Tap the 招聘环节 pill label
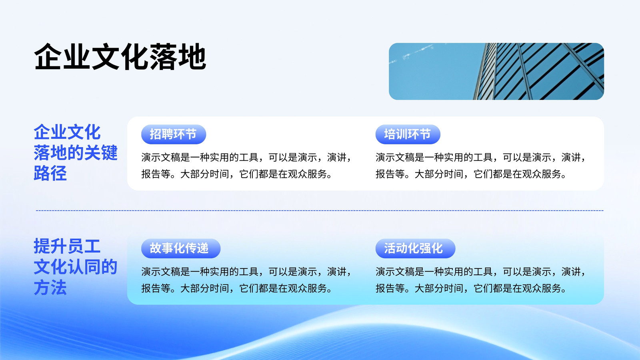pyautogui.click(x=174, y=134)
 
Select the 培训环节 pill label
pyautogui.click(x=408, y=134)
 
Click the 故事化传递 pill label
pyautogui.click(x=181, y=248)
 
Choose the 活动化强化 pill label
pyautogui.click(x=415, y=248)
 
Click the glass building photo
pyautogui.click(x=496, y=72)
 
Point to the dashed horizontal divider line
pyautogui.click(x=320, y=210)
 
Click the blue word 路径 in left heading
pyautogui.click(x=50, y=173)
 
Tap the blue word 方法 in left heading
pyautogui.click(x=50, y=288)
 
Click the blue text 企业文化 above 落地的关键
pyautogui.click(x=67, y=132)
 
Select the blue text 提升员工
pyautogui.click(x=67, y=246)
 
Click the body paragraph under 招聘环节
pyautogui.click(x=246, y=166)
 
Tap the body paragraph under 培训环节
pyautogui.click(x=480, y=166)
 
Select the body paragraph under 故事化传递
pyautogui.click(x=246, y=280)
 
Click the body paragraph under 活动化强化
pyautogui.click(x=480, y=280)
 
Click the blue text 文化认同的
pyautogui.click(x=76, y=267)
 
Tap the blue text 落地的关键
pyautogui.click(x=76, y=152)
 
